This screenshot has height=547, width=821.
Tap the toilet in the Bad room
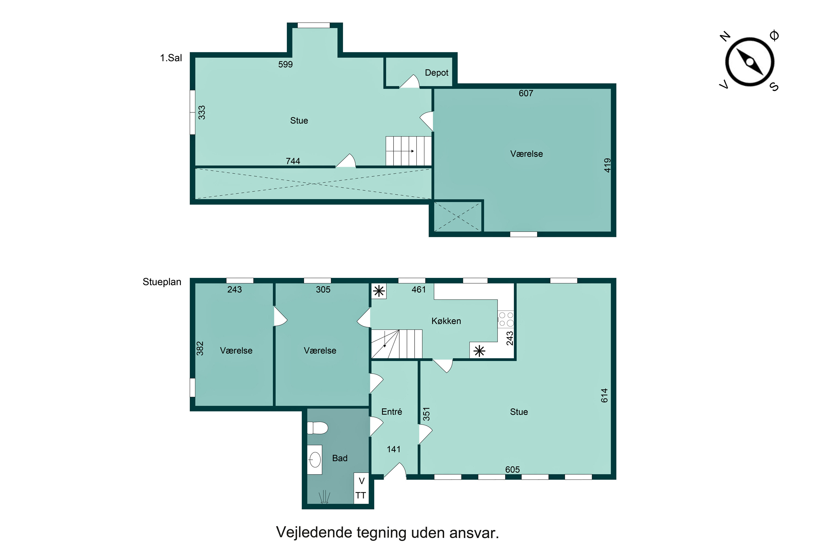pyautogui.click(x=317, y=428)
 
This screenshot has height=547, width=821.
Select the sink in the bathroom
pyautogui.click(x=314, y=460)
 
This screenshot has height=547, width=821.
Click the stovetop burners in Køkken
pyautogui.click(x=506, y=319)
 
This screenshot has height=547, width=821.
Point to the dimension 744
pyautogui.click(x=293, y=161)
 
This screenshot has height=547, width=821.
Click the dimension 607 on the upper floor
pyautogui.click(x=526, y=93)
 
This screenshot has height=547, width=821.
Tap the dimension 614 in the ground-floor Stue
pyautogui.click(x=604, y=395)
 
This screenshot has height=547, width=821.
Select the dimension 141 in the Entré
pyautogui.click(x=394, y=449)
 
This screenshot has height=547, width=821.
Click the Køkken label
pyautogui.click(x=446, y=321)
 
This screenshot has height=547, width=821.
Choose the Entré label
pyautogui.click(x=392, y=412)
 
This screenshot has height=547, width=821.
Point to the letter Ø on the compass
pyautogui.click(x=774, y=35)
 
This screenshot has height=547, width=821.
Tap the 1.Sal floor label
pyautogui.click(x=171, y=58)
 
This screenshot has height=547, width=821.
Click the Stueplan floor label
pyautogui.click(x=162, y=282)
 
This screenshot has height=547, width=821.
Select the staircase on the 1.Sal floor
pyautogui.click(x=408, y=151)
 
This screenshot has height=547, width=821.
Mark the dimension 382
pyautogui.click(x=200, y=348)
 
